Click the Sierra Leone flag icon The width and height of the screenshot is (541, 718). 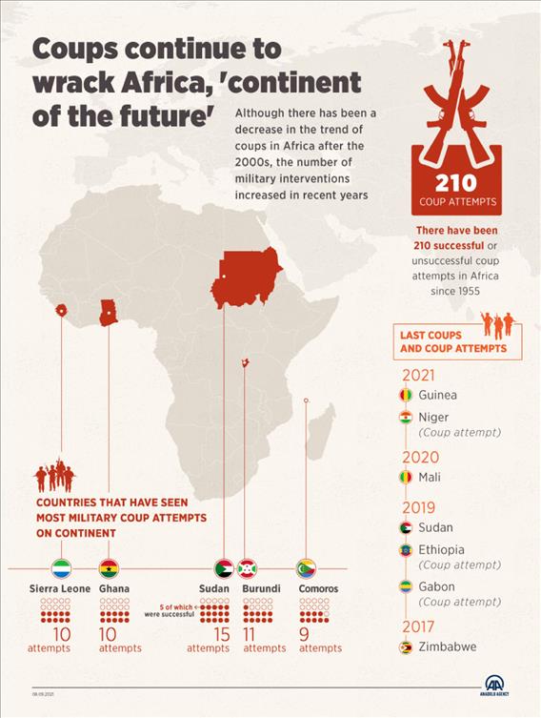(x=61, y=569)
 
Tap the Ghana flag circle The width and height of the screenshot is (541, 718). (x=110, y=569)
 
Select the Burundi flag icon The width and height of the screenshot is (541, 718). (x=248, y=569)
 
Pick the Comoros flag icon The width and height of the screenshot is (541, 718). (x=306, y=569)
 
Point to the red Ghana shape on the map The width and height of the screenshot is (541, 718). (x=109, y=311)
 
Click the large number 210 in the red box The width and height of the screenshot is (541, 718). (x=455, y=183)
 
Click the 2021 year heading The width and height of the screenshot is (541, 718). (x=419, y=376)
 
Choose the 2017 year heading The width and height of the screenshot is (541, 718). (x=419, y=626)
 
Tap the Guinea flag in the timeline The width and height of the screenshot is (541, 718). (x=406, y=395)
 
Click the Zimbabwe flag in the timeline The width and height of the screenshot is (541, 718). (x=406, y=647)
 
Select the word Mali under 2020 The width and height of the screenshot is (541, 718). (x=430, y=477)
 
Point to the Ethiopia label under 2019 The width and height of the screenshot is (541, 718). (x=442, y=549)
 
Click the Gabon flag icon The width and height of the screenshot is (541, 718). (x=406, y=586)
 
